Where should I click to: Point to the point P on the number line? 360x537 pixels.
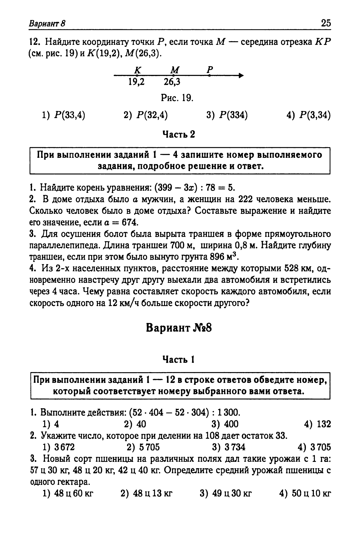(209, 75)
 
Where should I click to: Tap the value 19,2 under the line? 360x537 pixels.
(137, 82)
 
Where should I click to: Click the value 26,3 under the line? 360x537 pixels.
(172, 82)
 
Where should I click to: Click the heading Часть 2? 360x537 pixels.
(179, 134)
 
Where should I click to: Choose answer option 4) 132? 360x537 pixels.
(317, 424)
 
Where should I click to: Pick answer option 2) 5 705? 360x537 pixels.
(143, 447)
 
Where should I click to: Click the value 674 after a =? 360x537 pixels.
(130, 222)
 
